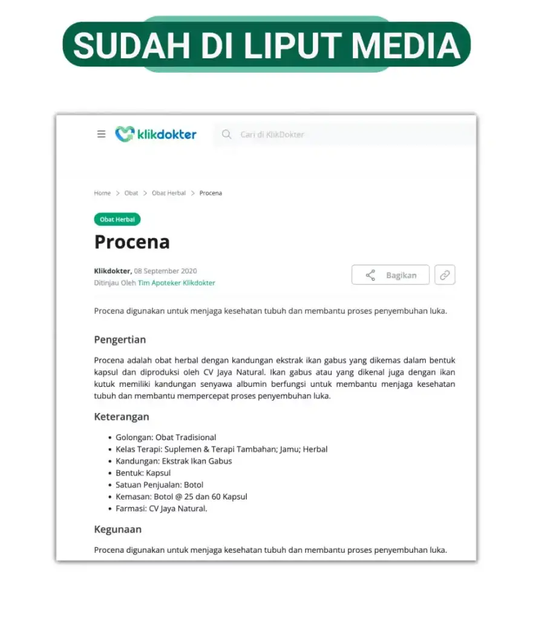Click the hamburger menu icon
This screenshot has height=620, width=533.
coord(101,134)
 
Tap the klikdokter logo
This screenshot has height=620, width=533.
coord(156,134)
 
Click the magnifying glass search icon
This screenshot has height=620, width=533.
coord(226,134)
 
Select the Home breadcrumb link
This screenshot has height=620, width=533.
coord(102,193)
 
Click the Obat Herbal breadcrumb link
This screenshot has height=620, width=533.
coord(169,193)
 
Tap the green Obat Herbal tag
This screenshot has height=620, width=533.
coord(117,219)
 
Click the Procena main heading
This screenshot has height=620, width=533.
coord(132,242)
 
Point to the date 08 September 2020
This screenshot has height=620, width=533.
coord(165,271)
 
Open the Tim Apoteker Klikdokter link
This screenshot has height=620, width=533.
coord(176,283)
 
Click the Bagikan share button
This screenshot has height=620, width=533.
coord(390,275)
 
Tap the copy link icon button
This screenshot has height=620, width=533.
coord(445,275)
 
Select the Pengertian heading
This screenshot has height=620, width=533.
coord(120,340)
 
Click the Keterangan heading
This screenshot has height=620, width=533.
coord(122,417)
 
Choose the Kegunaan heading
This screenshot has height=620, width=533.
coord(118,529)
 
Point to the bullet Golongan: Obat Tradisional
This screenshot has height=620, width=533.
coord(166,437)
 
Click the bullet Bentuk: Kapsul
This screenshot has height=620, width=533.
coord(143,473)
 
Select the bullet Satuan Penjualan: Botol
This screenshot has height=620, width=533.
coord(160,485)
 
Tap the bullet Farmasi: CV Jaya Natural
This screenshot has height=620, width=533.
coord(162,509)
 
